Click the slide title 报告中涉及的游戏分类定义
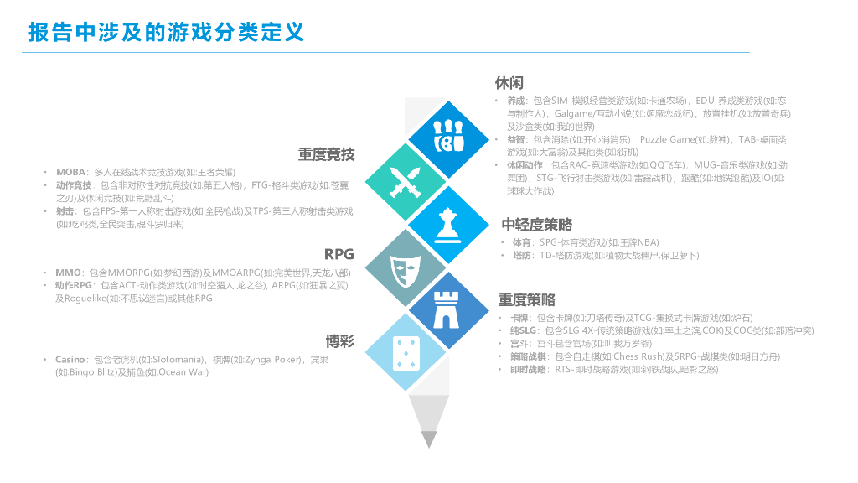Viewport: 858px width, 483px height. click(166, 32)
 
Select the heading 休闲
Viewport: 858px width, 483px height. click(509, 82)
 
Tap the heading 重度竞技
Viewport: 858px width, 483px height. click(327, 154)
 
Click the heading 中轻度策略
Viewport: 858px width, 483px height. click(537, 224)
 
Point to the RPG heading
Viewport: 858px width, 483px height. click(339, 254)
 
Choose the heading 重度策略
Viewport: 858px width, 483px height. click(527, 299)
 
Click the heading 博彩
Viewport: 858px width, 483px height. click(340, 340)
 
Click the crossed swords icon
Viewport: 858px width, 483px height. click(405, 179)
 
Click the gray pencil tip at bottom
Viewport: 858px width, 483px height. click(428, 438)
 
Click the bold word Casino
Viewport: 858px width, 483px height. click(70, 360)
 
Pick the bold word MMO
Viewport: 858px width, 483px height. click(68, 273)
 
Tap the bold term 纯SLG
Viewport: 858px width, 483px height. click(524, 330)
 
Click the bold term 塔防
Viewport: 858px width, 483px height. click(522, 255)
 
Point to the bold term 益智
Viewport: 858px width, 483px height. click(517, 139)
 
